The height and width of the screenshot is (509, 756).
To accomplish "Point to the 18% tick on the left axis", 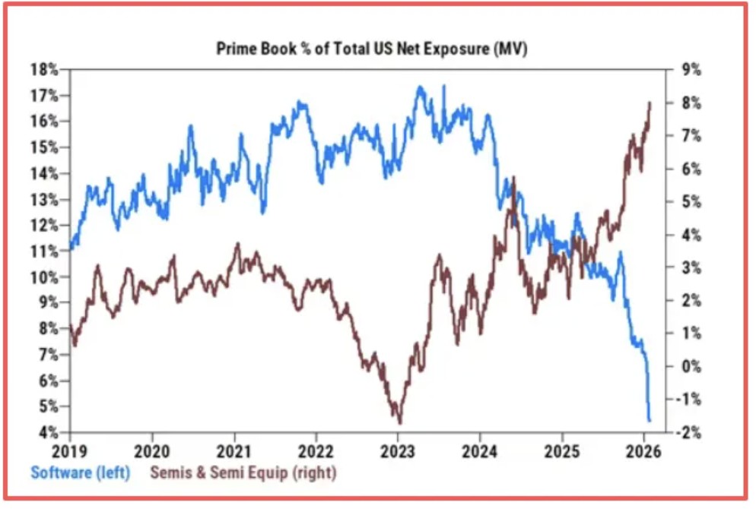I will coord(48,69).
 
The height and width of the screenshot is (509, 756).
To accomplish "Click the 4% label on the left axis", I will coord(48,432).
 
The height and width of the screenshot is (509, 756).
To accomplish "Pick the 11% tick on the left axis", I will coord(48,251).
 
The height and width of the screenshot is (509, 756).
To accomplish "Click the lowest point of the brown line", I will coord(399,422).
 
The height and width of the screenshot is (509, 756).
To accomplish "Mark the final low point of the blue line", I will coord(650,420).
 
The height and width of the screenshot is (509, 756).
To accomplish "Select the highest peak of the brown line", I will coord(650,102).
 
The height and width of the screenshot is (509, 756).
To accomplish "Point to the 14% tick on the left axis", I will coord(48,173).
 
